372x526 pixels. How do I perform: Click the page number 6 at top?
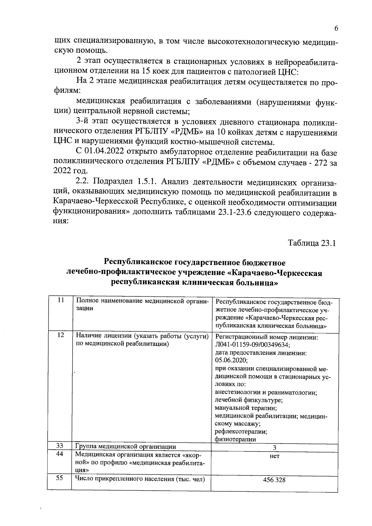tap(336, 28)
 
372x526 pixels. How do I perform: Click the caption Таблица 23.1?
tap(312, 243)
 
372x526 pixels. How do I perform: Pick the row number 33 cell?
tap(60, 446)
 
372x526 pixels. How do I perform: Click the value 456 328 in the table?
tap(274, 480)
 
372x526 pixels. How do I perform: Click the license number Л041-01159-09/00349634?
tap(253, 345)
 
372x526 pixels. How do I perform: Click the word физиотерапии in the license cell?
tap(236, 439)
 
